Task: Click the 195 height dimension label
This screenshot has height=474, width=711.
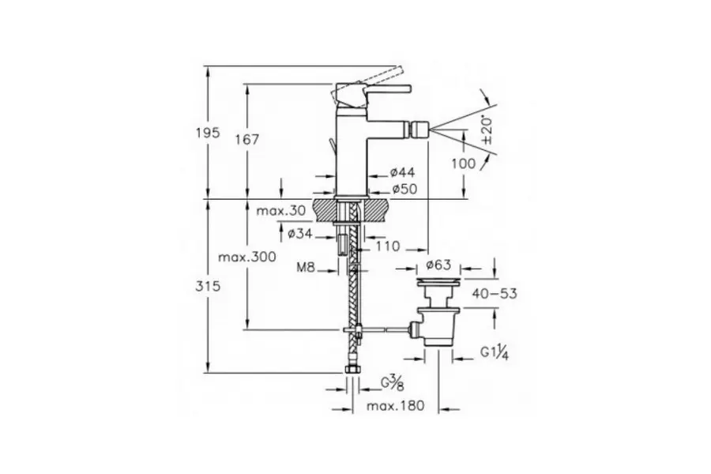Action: pos(208,133)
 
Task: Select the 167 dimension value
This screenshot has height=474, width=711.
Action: pos(247,139)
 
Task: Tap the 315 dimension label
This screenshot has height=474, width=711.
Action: pos(208,286)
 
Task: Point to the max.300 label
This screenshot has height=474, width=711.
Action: pos(247,258)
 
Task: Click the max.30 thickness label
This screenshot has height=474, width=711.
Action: pos(280,210)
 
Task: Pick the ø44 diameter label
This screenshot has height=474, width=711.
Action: pos(403,172)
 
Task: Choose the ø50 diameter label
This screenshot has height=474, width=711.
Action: pos(404,189)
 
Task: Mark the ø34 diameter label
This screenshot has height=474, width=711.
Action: pos(300,234)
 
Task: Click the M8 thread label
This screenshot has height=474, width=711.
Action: pos(306,267)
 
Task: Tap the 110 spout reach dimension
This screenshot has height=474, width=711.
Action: pos(388,246)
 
